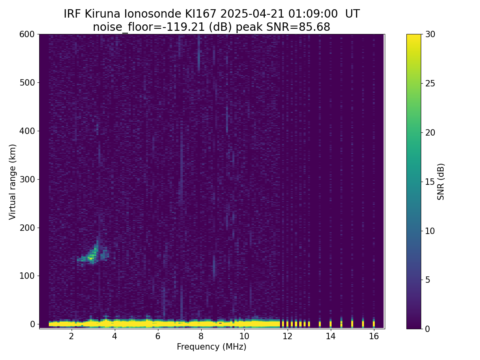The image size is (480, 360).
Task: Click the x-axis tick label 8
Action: (201, 336)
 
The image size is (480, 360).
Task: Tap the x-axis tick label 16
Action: (374, 336)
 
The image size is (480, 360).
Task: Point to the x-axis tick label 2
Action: (71, 336)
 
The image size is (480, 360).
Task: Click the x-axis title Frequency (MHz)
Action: (212, 347)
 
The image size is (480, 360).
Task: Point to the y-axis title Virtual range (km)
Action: (13, 182)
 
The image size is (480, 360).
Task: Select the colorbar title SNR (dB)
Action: (441, 182)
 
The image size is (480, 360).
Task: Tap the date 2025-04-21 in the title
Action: (253, 14)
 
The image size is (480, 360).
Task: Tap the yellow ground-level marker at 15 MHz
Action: (352, 323)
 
